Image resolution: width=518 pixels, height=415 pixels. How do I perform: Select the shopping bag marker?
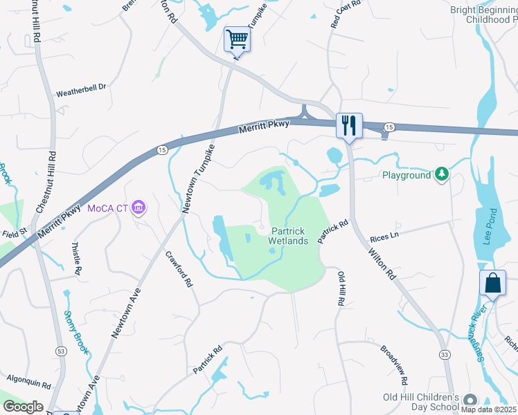point(492,282)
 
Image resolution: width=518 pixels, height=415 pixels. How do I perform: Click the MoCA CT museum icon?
point(139,207)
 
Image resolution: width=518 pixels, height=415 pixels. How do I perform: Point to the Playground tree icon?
point(440,175)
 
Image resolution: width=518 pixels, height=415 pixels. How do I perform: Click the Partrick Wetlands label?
point(289,236)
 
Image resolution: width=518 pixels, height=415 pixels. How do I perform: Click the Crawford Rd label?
point(179,270)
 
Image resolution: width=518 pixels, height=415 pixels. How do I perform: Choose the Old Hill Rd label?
point(341,289)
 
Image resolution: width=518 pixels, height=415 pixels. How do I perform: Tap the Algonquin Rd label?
point(29,381)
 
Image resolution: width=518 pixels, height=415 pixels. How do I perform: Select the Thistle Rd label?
point(75,257)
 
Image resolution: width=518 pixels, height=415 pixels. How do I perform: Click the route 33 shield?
point(443,355)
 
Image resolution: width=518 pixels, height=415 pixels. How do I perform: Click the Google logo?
point(23,407)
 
